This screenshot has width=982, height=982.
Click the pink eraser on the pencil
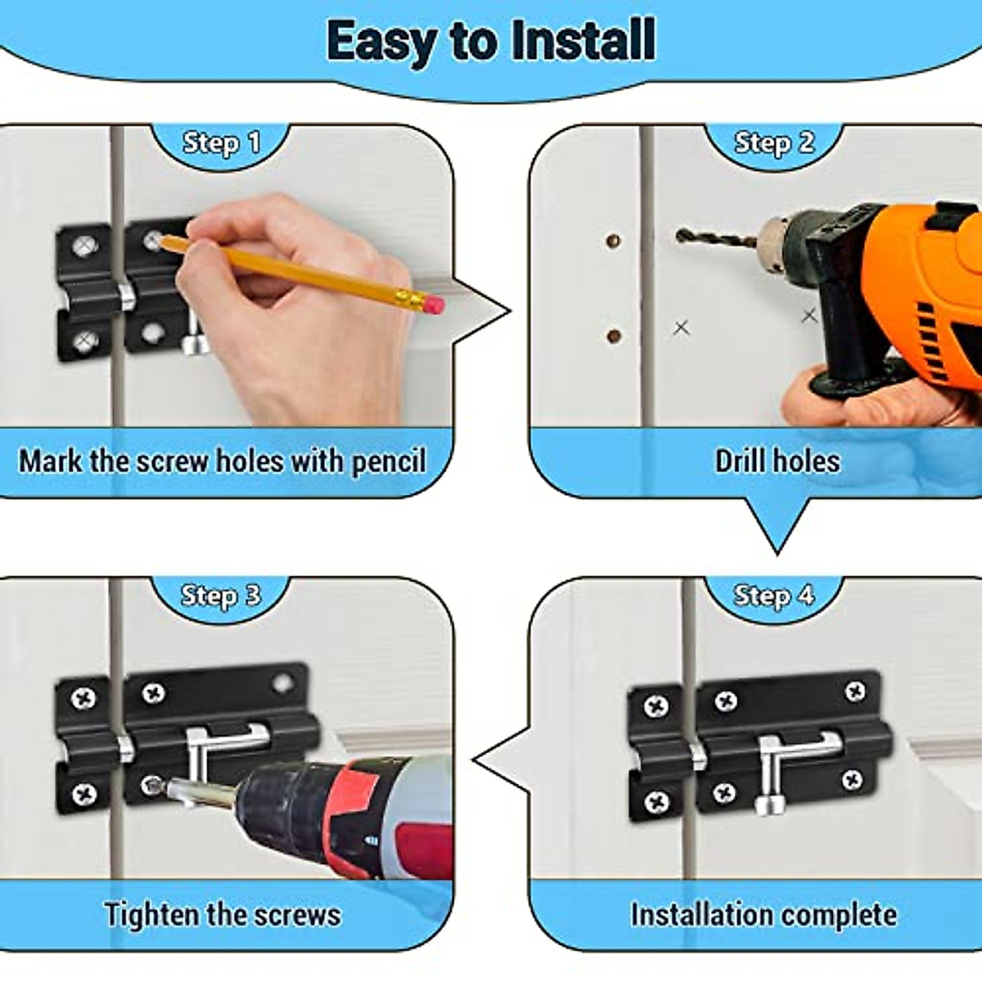(x=435, y=305)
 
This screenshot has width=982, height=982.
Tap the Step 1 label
(x=221, y=143)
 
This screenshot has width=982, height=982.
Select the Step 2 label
(x=774, y=143)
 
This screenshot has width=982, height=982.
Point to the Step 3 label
(x=220, y=596)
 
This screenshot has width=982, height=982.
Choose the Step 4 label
(x=774, y=596)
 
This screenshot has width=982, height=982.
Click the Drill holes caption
(x=777, y=462)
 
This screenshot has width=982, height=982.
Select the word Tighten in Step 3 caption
(x=152, y=914)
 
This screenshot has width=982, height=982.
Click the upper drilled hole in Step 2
(x=612, y=241)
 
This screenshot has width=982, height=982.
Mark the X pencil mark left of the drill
(x=681, y=328)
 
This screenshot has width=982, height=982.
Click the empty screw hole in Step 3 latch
(x=282, y=682)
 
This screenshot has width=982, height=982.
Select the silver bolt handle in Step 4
(x=769, y=769)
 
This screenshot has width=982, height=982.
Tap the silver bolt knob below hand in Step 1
(x=195, y=344)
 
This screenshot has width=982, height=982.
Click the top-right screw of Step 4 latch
(x=855, y=692)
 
